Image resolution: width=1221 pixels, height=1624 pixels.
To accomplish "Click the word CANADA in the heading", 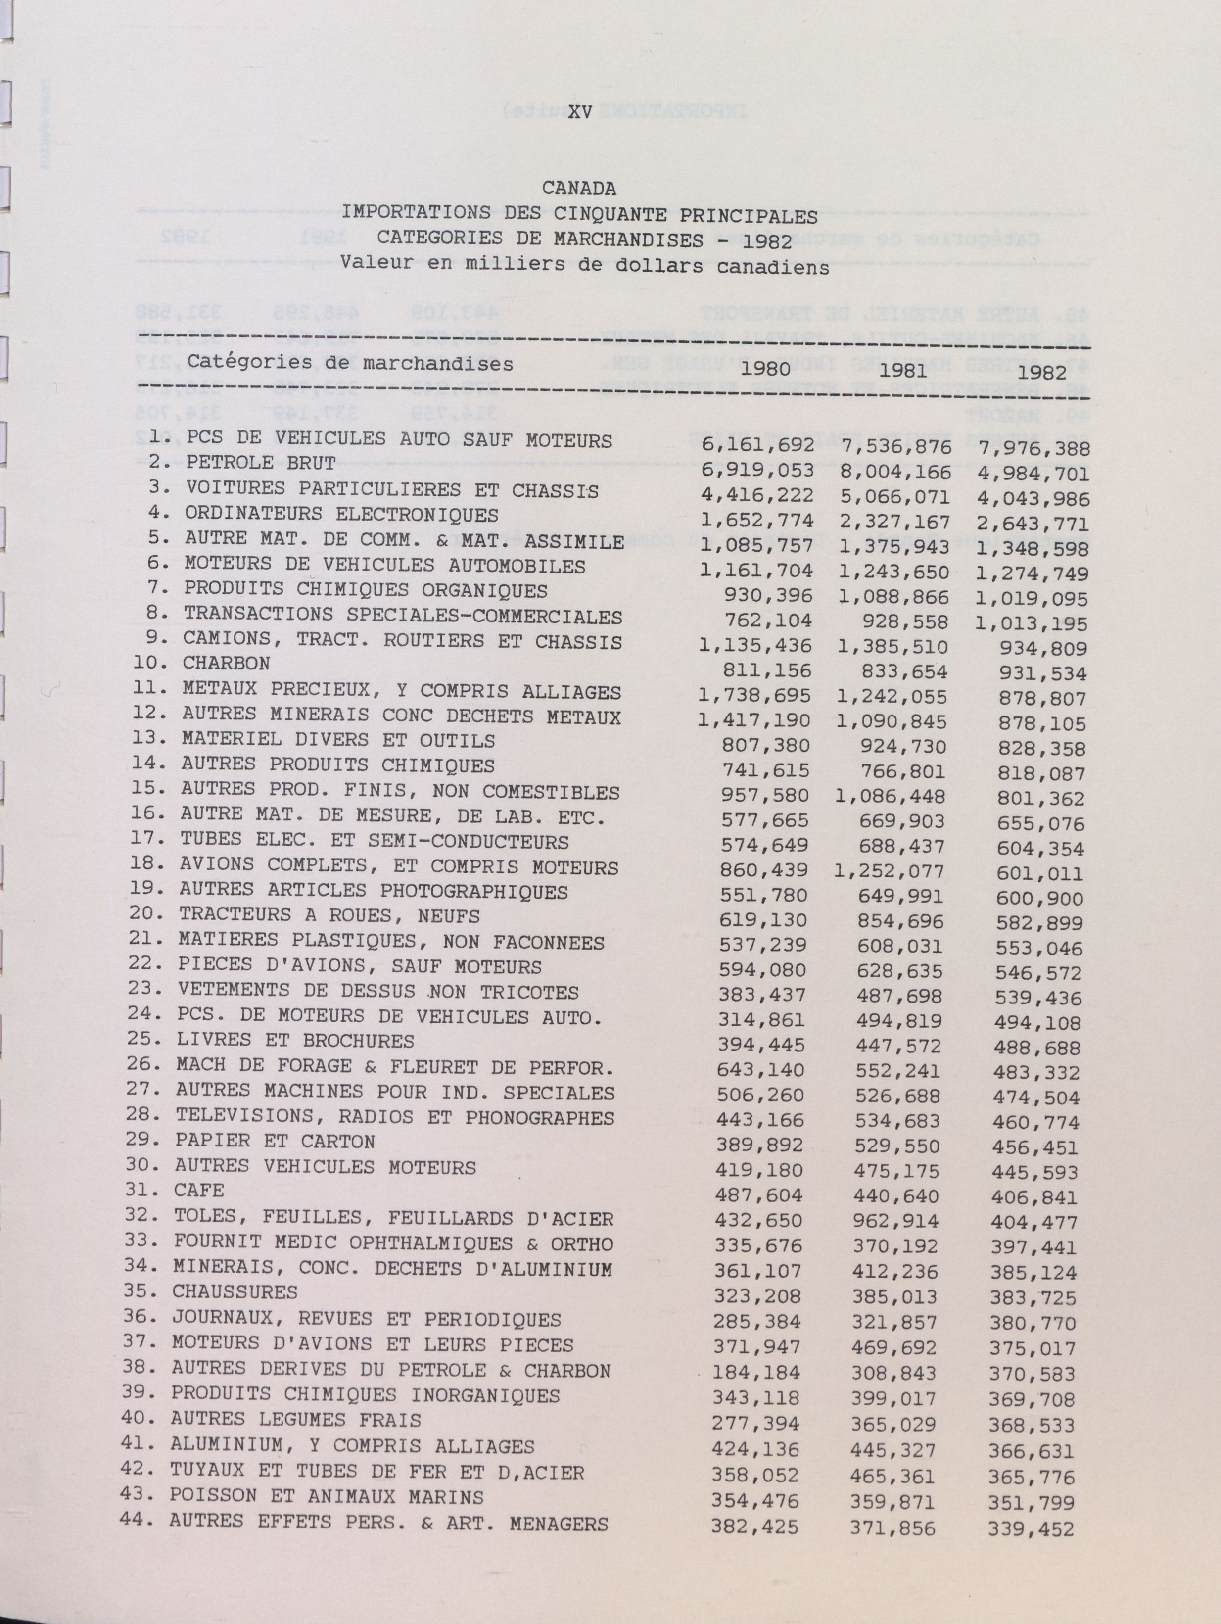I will point(579,189).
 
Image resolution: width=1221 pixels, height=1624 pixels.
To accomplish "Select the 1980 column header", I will point(766,369).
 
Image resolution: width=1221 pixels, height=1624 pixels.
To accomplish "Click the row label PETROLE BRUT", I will point(261,463).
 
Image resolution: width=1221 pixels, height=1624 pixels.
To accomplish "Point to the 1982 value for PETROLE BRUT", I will point(1034,474).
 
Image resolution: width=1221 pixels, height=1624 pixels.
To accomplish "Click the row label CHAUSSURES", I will point(235,1291).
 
